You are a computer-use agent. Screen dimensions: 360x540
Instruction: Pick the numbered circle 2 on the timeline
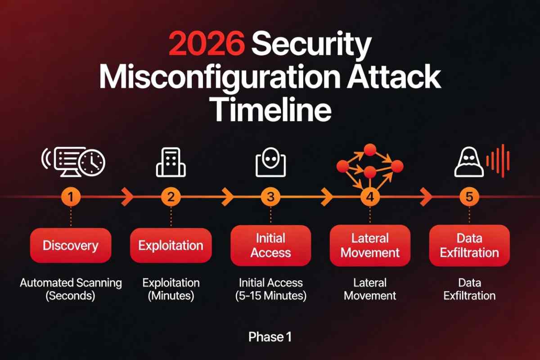(171, 196)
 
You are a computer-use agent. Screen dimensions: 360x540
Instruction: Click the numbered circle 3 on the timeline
(270, 196)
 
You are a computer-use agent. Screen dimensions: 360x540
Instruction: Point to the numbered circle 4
(370, 197)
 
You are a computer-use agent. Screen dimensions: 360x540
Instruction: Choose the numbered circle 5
(469, 196)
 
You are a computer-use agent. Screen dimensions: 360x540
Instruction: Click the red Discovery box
(70, 246)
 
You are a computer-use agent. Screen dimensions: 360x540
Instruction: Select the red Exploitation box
(171, 246)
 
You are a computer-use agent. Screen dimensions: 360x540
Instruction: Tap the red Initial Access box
(270, 246)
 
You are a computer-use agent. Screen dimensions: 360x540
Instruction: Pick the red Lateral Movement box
(370, 246)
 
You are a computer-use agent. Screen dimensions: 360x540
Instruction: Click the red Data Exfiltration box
(469, 246)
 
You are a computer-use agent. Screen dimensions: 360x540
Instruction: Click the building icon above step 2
(171, 162)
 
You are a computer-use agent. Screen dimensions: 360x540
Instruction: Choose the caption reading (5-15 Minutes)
(270, 296)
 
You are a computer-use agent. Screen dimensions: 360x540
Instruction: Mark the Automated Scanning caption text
(71, 283)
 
